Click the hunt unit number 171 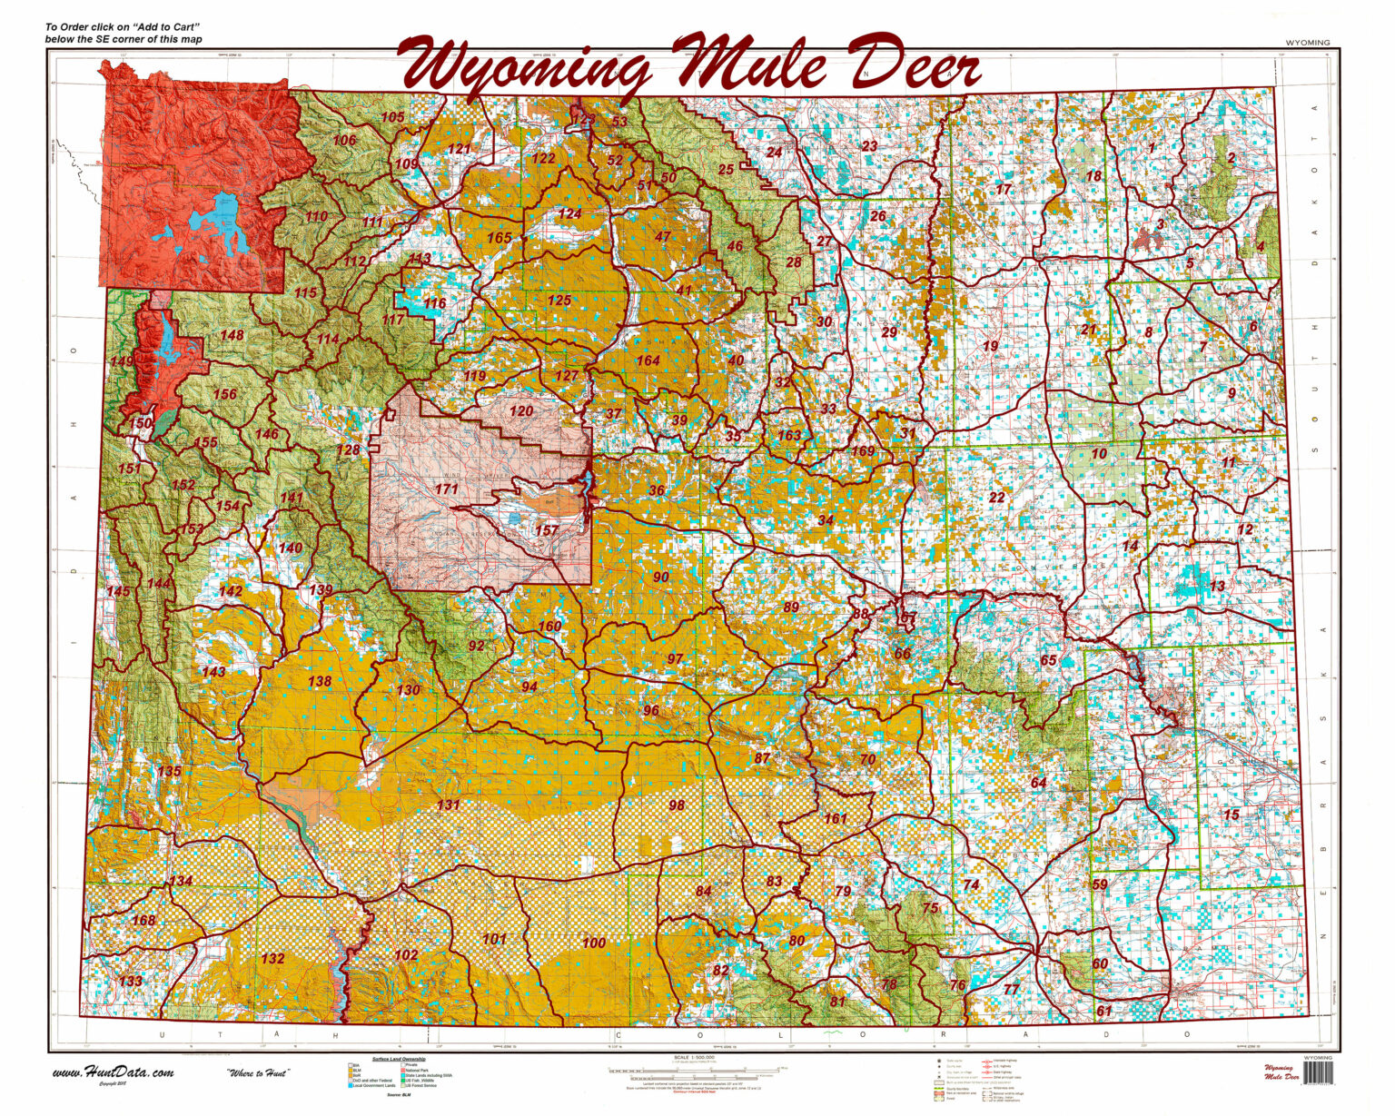[x=446, y=489]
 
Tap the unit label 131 [x=449, y=805]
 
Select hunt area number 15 [x=1231, y=815]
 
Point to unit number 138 [x=320, y=681]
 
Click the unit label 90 [x=660, y=577]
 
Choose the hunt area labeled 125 [x=559, y=301]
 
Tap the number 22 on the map [x=997, y=497]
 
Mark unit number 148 [x=232, y=335]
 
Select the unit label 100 [x=594, y=943]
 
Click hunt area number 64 [x=1038, y=782]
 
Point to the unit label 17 [x=1003, y=190]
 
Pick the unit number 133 [x=130, y=981]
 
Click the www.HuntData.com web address [x=113, y=1072]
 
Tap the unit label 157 [x=547, y=530]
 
